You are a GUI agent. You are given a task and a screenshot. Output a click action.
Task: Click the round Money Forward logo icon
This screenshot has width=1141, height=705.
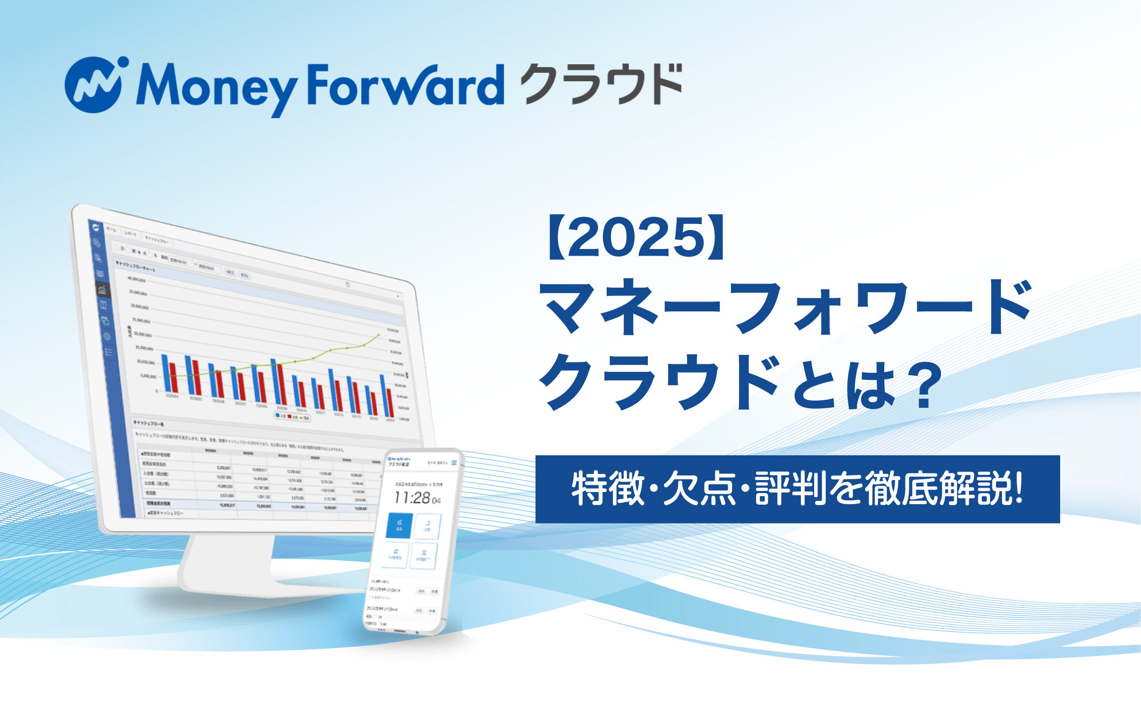point(93,85)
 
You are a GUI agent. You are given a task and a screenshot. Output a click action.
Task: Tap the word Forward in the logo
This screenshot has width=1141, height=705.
point(406,85)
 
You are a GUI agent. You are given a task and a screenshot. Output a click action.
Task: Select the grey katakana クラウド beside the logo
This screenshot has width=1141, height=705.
point(602,84)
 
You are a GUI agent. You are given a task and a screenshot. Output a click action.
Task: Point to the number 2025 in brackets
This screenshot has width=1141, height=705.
point(636,238)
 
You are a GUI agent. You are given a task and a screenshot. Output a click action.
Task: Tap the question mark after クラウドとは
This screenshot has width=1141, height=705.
point(924,385)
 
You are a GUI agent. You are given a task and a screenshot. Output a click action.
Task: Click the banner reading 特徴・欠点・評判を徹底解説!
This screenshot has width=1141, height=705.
point(797,489)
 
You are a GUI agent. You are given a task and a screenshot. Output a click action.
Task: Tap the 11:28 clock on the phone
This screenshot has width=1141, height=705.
point(412,498)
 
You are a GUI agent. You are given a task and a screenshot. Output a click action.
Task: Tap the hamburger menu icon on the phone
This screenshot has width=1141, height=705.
point(454,463)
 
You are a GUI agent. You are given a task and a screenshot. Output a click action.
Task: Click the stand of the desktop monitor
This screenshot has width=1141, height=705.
point(227,562)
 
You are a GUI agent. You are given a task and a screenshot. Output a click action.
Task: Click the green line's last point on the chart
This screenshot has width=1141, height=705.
point(378,335)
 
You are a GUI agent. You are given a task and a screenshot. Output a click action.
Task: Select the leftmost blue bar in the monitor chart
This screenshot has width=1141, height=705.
point(165,373)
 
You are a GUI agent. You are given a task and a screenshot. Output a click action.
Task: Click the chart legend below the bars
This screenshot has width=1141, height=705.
point(293,417)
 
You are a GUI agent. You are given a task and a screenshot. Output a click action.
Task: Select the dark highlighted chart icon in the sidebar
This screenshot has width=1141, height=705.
point(102,290)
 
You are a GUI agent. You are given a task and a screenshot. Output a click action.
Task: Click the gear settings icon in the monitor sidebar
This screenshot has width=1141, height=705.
point(107,336)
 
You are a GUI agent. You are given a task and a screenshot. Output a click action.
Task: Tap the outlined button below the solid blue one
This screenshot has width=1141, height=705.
point(395,555)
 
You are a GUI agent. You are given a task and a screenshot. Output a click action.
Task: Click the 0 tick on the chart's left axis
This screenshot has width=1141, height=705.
point(157,391)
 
